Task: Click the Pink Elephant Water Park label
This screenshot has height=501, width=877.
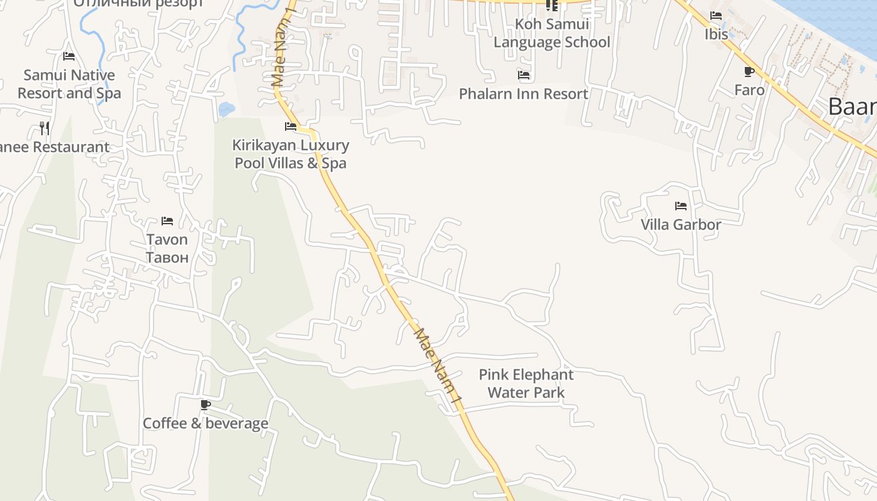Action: [526, 383]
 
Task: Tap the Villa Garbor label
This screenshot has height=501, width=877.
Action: [681, 224]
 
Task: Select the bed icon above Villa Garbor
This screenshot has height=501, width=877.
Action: [681, 206]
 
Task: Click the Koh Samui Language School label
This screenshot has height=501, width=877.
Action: [551, 33]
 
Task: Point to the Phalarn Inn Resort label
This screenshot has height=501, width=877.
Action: [524, 94]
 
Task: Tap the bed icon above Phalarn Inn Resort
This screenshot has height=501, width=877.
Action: [524, 76]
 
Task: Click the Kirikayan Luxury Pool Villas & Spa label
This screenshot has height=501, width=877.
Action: [291, 154]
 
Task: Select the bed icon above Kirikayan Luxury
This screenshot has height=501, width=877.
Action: [291, 127]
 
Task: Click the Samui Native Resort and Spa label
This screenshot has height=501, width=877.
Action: [69, 84]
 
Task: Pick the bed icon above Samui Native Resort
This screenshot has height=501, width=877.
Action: [69, 56]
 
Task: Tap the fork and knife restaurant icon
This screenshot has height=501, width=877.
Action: [44, 128]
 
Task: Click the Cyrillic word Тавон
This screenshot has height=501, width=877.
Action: [167, 257]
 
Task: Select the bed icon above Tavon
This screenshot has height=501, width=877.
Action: [167, 221]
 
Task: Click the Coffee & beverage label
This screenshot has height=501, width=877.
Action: [205, 423]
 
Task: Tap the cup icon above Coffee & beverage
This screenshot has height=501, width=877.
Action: [205, 405]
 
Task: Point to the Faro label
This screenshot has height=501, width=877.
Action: [749, 90]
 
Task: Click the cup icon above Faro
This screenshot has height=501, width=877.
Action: [749, 72]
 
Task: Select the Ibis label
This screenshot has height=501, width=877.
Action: [717, 34]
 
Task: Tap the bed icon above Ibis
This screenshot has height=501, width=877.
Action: [716, 16]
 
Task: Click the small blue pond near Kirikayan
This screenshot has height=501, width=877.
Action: [226, 110]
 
